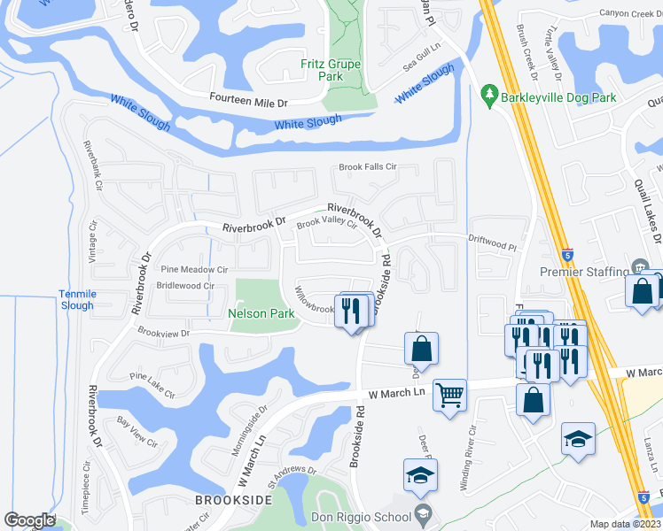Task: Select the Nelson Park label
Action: pos(261,313)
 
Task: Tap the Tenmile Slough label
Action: pos(76,299)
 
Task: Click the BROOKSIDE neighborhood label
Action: pos(233,500)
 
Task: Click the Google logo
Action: pos(29,520)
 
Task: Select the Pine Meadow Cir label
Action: pos(194,269)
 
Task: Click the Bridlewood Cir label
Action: pos(185,286)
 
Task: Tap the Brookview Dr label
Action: pos(164,333)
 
